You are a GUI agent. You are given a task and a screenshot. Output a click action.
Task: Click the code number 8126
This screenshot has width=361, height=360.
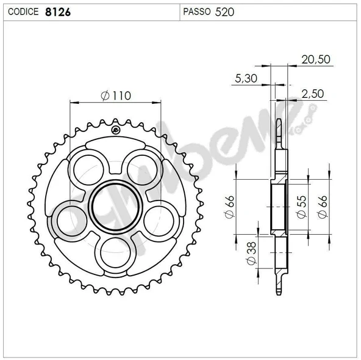click(58, 12)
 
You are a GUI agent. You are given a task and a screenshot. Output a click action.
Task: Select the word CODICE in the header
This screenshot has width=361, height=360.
click(23, 12)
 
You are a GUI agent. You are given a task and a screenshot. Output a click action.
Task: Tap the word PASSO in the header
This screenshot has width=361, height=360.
click(197, 12)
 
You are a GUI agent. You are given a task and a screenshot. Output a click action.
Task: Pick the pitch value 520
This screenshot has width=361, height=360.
click(224, 12)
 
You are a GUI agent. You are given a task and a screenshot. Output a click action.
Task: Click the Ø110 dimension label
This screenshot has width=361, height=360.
click(116, 96)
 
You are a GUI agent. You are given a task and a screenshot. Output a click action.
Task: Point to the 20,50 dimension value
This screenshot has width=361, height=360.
click(316, 59)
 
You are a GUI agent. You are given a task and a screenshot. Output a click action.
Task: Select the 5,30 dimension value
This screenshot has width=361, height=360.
click(246, 78)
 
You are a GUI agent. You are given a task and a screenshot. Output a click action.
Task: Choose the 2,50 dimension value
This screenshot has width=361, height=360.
click(313, 94)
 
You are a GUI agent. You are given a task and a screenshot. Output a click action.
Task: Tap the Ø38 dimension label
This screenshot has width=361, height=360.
click(251, 253)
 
